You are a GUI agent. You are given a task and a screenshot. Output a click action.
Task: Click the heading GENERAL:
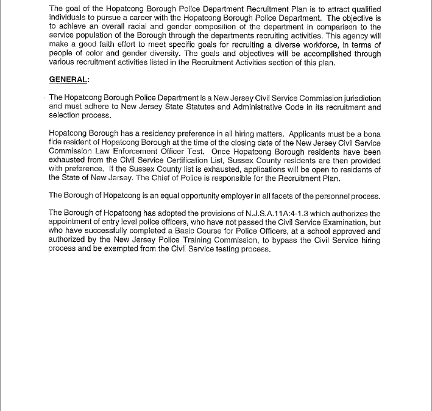pos(69,79)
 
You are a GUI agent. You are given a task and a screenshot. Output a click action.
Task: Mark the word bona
pos(370,133)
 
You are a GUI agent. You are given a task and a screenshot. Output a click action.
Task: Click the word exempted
pos(127,249)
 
